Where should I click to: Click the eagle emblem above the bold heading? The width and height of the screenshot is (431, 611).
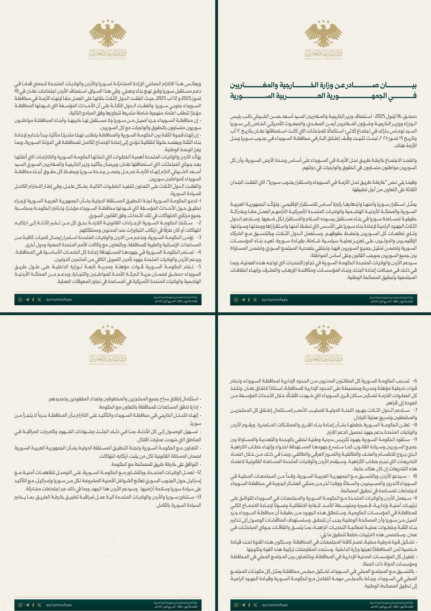point(323,34)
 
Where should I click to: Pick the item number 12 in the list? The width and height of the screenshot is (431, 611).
point(198,472)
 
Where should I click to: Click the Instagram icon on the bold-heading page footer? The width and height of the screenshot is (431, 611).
point(236,300)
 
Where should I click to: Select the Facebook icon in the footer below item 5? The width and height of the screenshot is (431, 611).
point(33,300)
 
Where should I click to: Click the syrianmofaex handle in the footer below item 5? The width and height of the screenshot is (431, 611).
point(59,300)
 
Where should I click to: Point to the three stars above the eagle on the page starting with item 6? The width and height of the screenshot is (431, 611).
point(324,326)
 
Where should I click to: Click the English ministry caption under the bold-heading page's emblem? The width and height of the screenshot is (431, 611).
point(323,59)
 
